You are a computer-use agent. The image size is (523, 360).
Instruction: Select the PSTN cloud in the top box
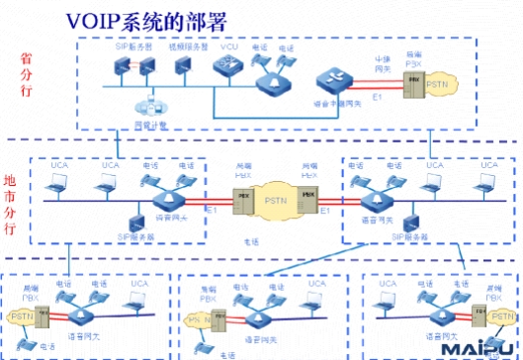tap(435, 88)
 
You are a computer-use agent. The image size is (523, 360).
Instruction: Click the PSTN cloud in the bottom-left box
tap(20, 316)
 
